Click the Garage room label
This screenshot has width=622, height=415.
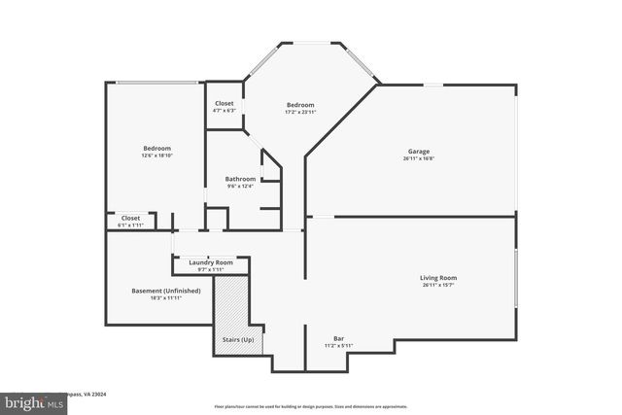pos(419,152)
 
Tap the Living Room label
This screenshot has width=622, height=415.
pos(439,278)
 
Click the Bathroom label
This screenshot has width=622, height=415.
pos(240,179)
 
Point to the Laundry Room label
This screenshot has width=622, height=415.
pos(211,262)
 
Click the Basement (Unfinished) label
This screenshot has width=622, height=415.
pos(166,291)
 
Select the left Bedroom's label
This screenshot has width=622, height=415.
pos(156,149)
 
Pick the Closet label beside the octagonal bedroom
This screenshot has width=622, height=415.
pos(224,103)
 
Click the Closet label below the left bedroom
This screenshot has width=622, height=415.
pos(130,218)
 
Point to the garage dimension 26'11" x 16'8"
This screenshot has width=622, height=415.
pos(419,158)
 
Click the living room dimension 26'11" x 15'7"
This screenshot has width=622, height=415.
pos(439,286)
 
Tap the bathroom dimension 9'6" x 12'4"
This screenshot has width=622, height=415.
pos(240,187)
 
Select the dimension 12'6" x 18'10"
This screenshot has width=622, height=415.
pos(156,156)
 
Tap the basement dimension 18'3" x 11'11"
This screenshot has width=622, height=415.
pos(166,298)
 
